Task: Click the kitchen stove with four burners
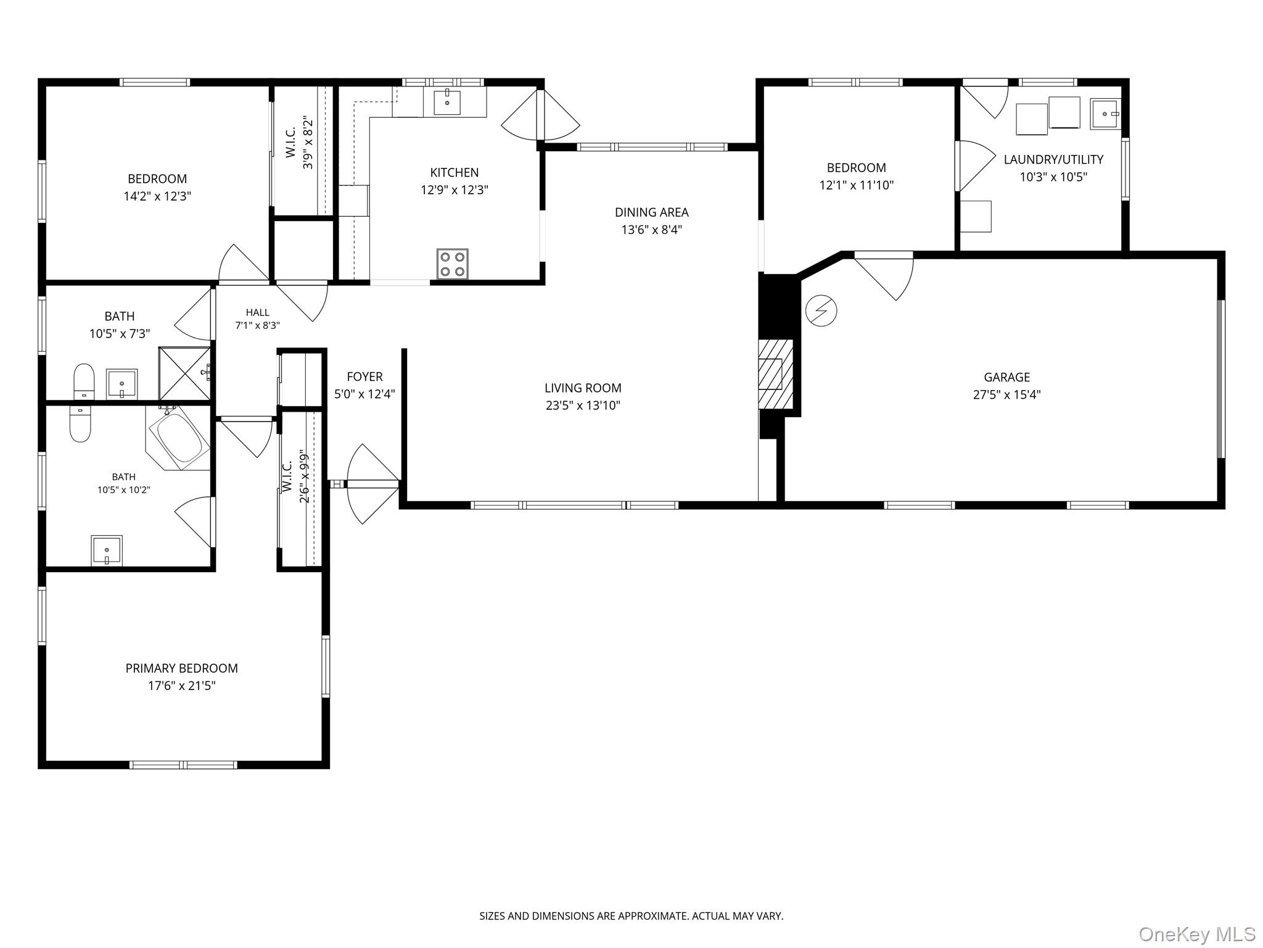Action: [453, 264]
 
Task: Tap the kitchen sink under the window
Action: [447, 102]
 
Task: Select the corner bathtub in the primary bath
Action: [179, 438]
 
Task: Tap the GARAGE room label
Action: [1006, 377]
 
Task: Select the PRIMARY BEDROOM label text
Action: [182, 668]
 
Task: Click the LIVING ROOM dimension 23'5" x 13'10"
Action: [583, 405]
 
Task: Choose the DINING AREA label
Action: [652, 212]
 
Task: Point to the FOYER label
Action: [364, 376]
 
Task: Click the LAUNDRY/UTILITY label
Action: [1053, 159]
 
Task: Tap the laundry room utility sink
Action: [1105, 114]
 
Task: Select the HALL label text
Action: [257, 312]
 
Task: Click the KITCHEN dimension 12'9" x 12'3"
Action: [455, 190]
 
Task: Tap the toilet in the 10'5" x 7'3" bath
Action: [84, 382]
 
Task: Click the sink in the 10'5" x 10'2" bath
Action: [107, 550]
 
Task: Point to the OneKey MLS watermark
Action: [1197, 934]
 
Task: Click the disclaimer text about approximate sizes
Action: [631, 916]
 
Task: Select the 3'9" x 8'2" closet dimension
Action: [308, 144]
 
